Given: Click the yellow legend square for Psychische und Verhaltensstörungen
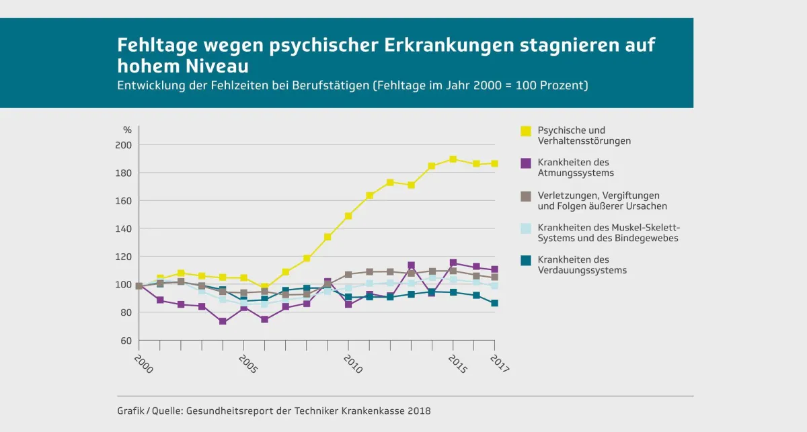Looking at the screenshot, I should click(x=526, y=130).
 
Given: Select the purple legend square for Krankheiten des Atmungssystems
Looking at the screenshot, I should click(x=526, y=163).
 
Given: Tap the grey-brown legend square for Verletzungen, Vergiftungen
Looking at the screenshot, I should click(x=526, y=196).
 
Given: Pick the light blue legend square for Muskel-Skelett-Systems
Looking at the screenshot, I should click(x=526, y=228).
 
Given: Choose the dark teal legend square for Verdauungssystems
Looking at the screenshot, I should click(x=526, y=260).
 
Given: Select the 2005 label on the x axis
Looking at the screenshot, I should click(x=248, y=364).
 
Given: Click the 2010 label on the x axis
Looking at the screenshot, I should click(x=352, y=364).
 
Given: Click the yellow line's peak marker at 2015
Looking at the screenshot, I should click(x=453, y=159).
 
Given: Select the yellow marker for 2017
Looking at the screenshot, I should click(x=495, y=163).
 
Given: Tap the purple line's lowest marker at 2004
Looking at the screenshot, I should click(x=223, y=322).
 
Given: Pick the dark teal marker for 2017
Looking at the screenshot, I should click(x=495, y=303).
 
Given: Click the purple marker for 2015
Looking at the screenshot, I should click(x=453, y=263).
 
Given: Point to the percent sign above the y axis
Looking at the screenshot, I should click(x=127, y=130).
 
